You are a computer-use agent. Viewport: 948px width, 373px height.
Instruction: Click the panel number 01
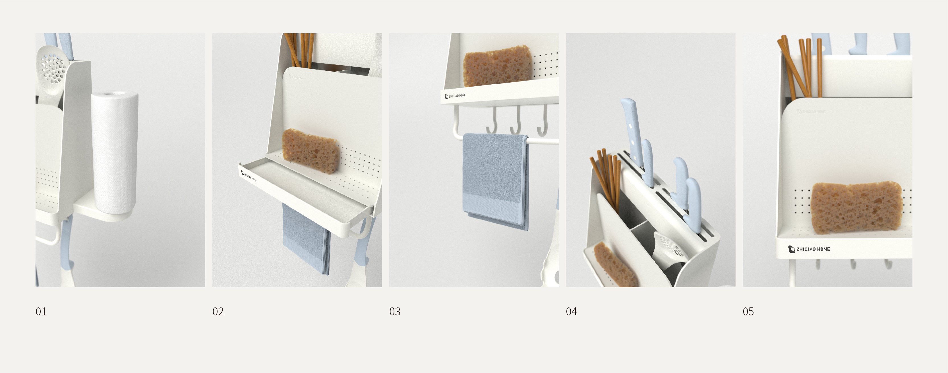coord(41,312)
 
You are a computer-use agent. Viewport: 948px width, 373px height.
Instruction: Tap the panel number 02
coord(218,312)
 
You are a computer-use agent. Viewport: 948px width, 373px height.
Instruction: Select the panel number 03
coord(394,312)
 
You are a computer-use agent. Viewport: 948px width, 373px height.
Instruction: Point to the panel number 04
coord(571,312)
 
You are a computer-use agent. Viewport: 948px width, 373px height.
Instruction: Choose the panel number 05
coord(748,312)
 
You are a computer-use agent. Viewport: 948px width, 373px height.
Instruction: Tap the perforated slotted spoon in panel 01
coord(53,68)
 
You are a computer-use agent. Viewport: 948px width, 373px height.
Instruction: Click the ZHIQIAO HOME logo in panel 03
coord(456,96)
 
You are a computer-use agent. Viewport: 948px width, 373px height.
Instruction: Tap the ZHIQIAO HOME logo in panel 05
coord(809,249)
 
